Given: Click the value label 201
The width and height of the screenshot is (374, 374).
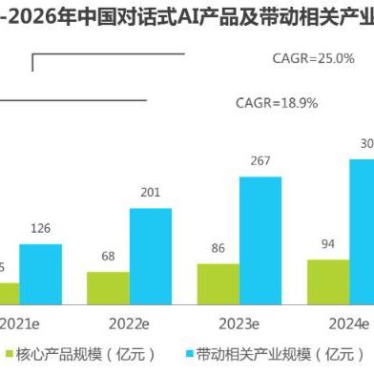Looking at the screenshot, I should pos(151,194).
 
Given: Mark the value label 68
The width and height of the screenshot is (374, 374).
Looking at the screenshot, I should pos(108,257).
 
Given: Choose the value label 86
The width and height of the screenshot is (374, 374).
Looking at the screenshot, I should pos(218,249).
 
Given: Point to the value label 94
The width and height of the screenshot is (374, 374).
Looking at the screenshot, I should pos(328,244).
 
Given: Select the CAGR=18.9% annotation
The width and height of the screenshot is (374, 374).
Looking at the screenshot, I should pos(277,102).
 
